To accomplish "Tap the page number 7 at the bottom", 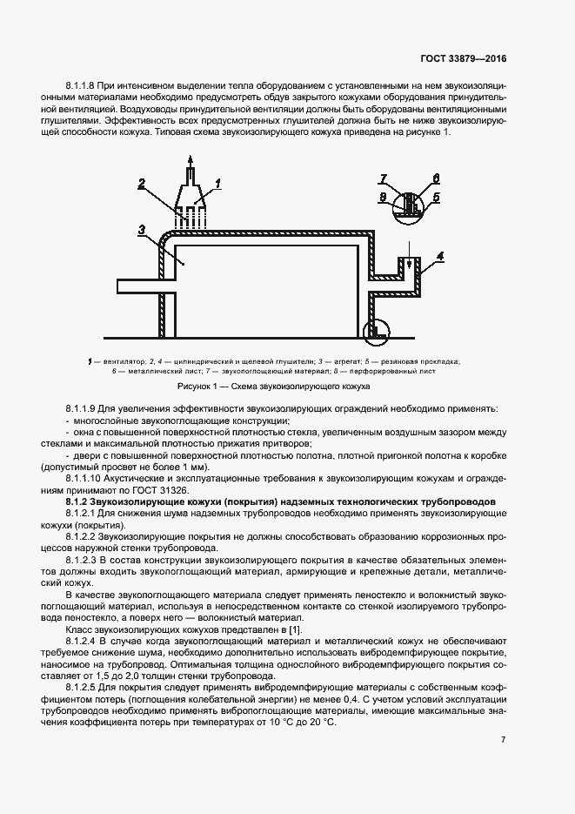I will (503, 740).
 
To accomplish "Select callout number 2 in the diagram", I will (141, 184).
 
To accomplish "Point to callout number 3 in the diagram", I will (141, 229).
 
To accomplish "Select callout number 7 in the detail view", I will (383, 179).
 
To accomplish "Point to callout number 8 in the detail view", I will (383, 198).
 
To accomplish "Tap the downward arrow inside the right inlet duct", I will (405, 266).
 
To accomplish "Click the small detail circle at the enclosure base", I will (376, 329).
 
